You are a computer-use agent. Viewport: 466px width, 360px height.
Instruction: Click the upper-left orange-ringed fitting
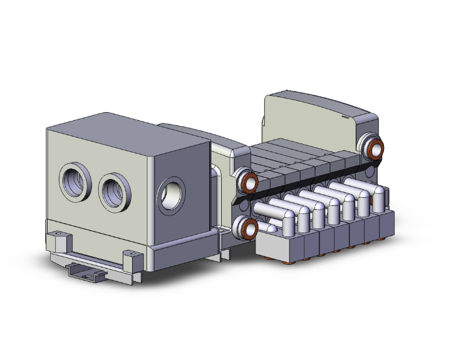249,182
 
